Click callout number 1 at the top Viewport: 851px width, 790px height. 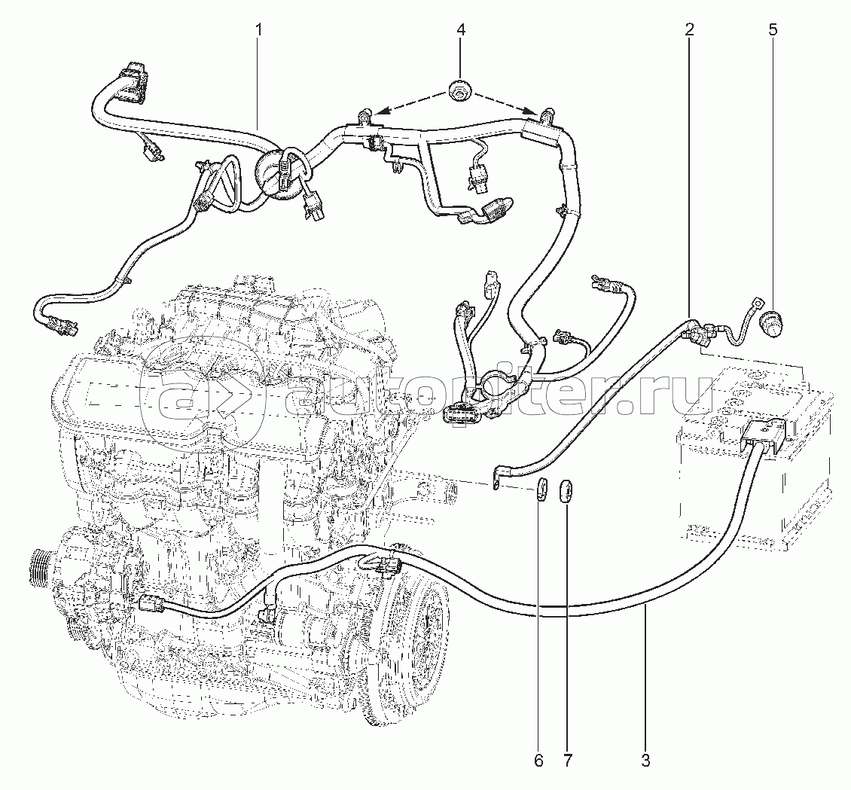259,29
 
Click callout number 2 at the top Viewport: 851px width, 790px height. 689,29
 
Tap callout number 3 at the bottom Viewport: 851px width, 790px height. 645,761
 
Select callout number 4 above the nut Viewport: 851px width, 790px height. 461,29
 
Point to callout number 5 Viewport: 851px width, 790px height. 773,29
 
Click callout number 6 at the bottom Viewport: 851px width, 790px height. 539,761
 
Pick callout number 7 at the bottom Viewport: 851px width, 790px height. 568,761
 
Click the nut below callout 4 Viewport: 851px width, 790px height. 461,92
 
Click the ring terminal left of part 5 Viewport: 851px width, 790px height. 756,300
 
